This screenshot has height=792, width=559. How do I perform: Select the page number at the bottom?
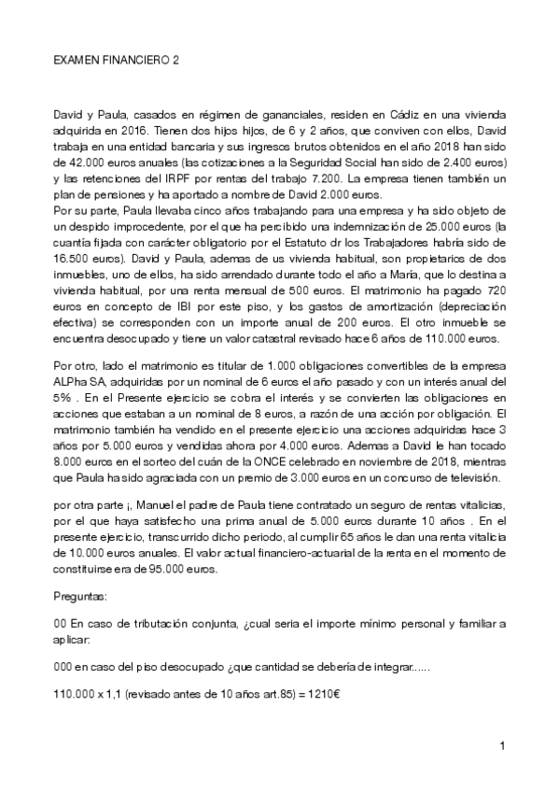tap(502, 746)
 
